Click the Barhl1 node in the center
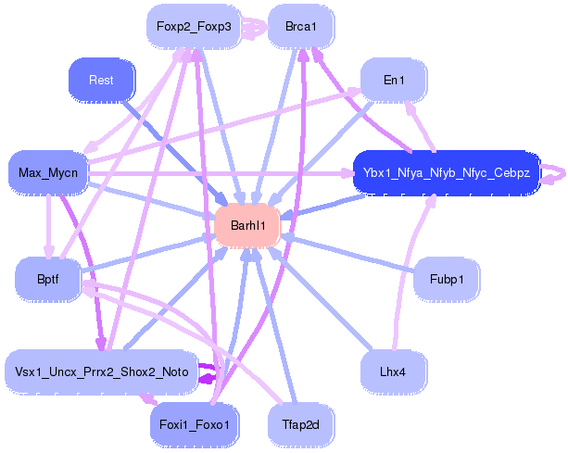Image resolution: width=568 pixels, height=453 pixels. click(247, 225)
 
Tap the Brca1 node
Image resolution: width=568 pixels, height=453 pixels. click(301, 26)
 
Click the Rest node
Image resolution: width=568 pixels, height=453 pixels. click(102, 81)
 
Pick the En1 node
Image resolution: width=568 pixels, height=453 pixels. click(394, 81)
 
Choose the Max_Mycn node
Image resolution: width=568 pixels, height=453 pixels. click(48, 172)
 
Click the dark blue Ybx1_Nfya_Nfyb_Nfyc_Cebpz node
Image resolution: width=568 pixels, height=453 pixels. click(446, 172)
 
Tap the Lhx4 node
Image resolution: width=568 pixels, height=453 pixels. click(394, 371)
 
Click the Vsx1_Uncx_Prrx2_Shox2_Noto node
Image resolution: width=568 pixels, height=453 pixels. click(102, 371)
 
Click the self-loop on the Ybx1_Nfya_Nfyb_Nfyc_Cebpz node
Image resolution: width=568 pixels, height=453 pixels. click(554, 172)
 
